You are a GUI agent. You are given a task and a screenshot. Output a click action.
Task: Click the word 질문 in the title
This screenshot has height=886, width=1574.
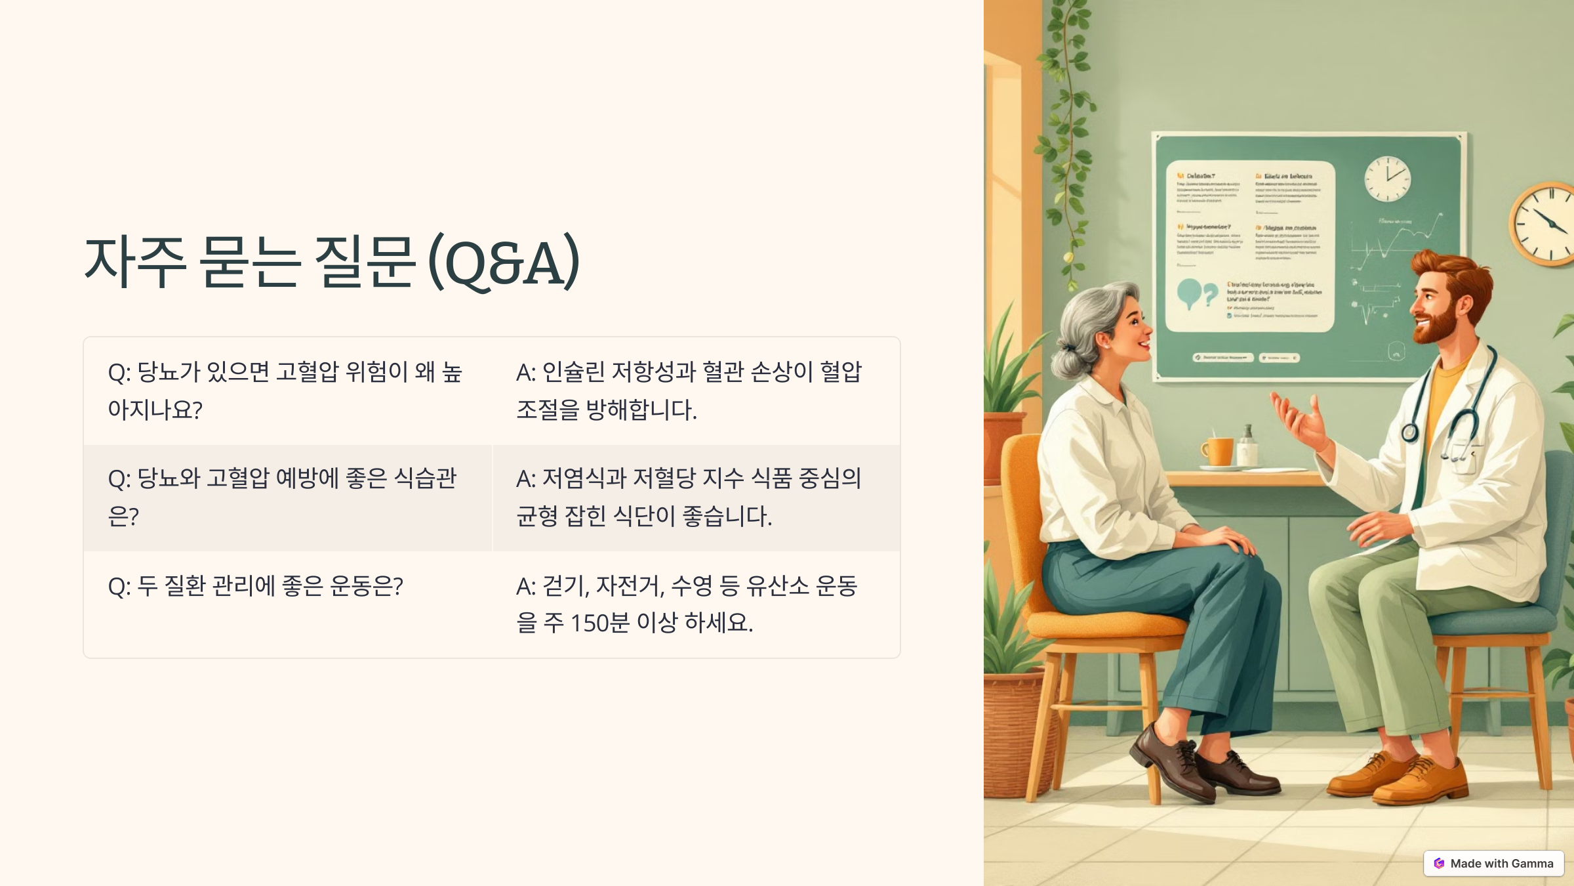tap(365, 263)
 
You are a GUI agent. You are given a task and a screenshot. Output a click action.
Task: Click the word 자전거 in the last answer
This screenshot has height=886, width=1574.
tap(629, 585)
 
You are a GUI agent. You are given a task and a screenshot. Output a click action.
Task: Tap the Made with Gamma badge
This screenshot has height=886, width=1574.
tap(1493, 863)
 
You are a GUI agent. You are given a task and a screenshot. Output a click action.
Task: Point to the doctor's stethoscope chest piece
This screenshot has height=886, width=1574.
tap(1409, 432)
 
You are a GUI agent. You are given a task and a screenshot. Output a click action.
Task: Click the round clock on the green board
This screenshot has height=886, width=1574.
tap(1387, 179)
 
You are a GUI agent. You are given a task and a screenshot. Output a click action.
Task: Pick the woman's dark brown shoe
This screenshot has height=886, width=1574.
tap(1174, 765)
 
